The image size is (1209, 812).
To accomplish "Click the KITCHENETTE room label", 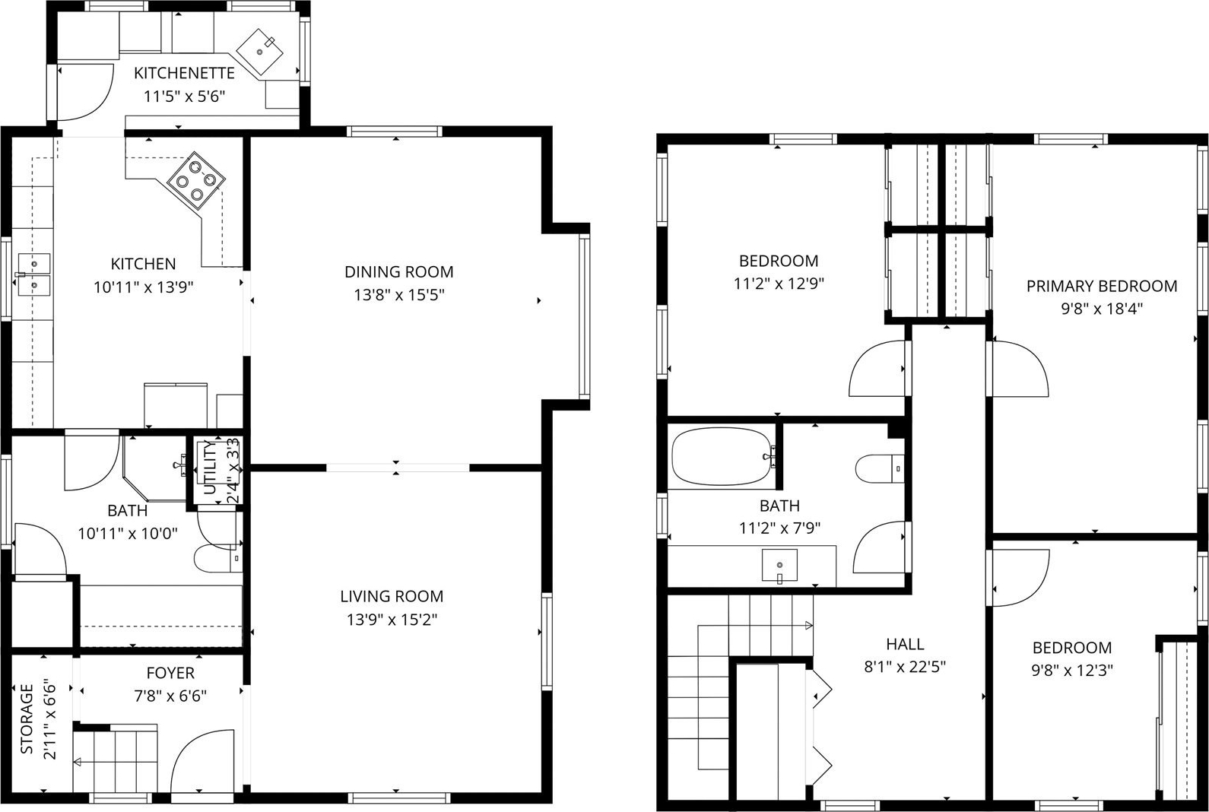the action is click(x=184, y=73).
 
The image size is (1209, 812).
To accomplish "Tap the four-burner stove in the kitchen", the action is click(x=196, y=180).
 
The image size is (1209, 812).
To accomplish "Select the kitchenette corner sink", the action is click(x=261, y=52).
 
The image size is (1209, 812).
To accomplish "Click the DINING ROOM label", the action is click(x=399, y=271).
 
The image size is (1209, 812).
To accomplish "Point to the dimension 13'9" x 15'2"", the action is click(x=392, y=620).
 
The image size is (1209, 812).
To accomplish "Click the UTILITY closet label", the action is click(x=210, y=468).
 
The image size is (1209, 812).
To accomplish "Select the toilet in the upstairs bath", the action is click(x=880, y=468).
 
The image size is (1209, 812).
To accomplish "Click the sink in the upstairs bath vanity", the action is click(x=779, y=566).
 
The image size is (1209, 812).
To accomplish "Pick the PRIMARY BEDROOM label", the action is click(x=1102, y=286).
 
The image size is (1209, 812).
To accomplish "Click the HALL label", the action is click(x=905, y=644).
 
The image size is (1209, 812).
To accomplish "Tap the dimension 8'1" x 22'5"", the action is click(x=905, y=667).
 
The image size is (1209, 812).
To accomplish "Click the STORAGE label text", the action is click(x=27, y=718).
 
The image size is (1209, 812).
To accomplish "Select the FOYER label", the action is click(x=170, y=673).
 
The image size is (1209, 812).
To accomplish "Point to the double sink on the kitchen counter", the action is click(x=34, y=274).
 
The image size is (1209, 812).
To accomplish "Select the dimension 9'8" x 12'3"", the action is click(x=1072, y=670).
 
